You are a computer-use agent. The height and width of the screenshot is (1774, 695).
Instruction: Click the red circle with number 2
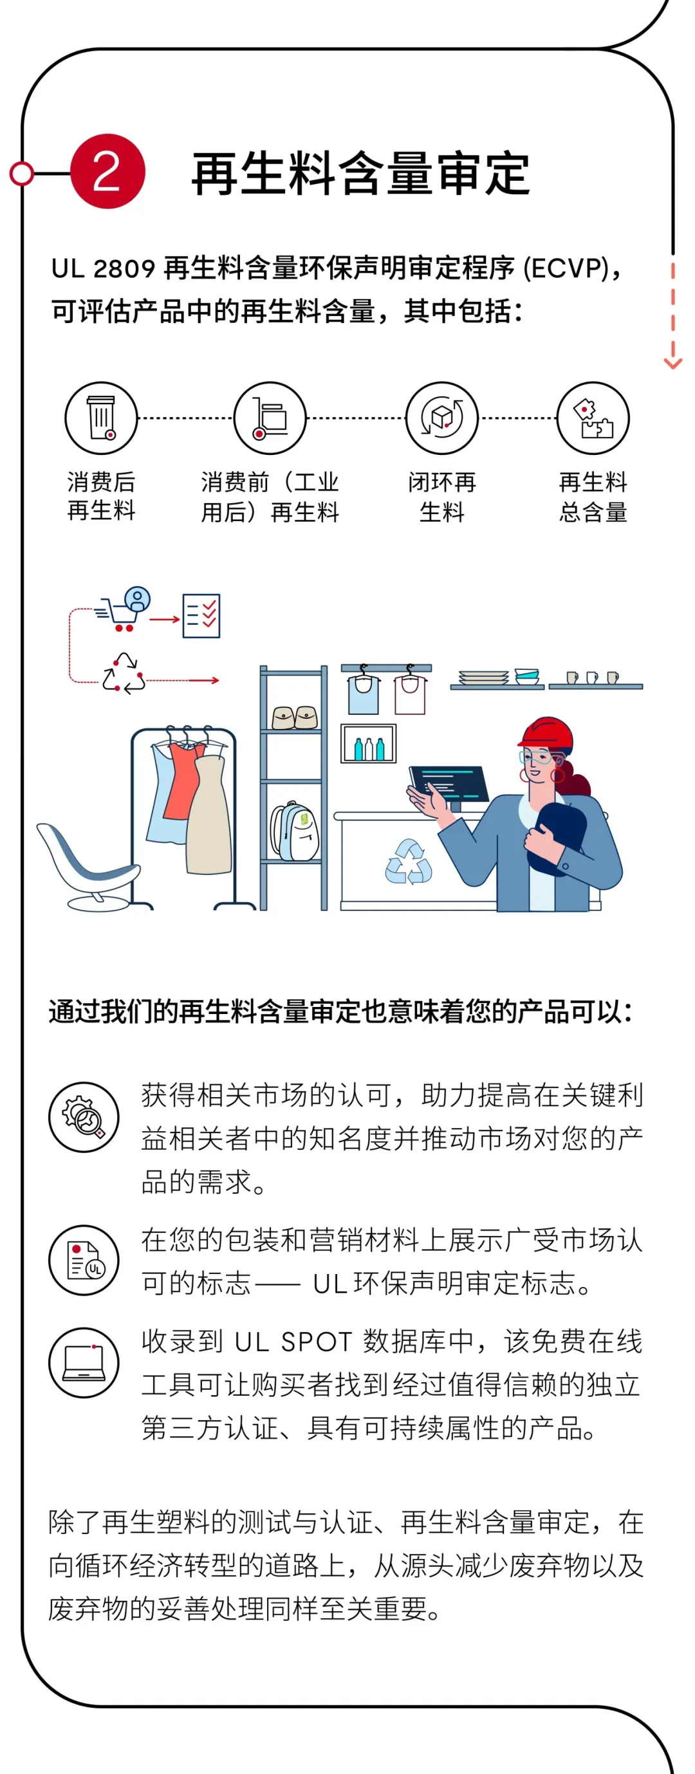(x=107, y=171)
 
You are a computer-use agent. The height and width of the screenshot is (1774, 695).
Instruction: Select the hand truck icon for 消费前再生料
(x=270, y=418)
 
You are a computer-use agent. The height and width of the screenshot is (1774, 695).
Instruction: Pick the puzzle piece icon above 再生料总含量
(x=593, y=418)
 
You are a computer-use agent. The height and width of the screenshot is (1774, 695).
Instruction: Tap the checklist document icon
(x=201, y=615)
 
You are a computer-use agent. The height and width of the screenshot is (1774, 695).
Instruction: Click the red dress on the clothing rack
(x=183, y=782)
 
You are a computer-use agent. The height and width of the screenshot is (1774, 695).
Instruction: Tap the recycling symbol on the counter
(x=409, y=862)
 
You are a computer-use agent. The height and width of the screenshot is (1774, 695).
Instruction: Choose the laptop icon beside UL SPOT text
(x=84, y=1363)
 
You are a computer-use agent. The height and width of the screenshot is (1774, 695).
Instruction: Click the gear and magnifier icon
(x=84, y=1116)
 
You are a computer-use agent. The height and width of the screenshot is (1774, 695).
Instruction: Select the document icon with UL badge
(x=84, y=1260)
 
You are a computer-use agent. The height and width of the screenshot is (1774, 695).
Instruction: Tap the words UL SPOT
(x=293, y=1342)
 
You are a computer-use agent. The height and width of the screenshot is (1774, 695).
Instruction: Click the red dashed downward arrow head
(x=672, y=363)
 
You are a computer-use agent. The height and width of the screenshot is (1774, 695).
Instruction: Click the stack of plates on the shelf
(x=483, y=678)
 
